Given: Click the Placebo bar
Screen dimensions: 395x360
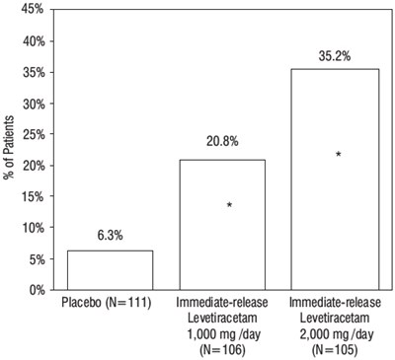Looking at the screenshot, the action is click(x=111, y=270).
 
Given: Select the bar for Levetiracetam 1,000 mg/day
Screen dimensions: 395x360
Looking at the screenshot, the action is click(x=222, y=225).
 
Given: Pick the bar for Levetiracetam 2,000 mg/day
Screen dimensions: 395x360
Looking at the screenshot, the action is click(x=335, y=180).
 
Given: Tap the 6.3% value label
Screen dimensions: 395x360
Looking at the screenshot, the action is click(x=110, y=236).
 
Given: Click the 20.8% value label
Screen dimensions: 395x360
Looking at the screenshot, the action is click(x=222, y=141).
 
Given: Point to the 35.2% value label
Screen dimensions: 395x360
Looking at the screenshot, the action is click(x=335, y=56).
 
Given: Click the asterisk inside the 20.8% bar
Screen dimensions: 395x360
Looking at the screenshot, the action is click(x=229, y=204).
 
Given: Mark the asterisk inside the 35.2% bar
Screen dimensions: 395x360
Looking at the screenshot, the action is click(x=338, y=154).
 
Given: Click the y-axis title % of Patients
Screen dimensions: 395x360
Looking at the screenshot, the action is click(x=10, y=147).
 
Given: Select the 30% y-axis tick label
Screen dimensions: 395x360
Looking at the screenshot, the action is click(x=34, y=104).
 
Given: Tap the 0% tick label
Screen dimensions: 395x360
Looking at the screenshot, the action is click(x=37, y=290).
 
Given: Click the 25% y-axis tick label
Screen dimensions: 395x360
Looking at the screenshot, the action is click(x=34, y=134).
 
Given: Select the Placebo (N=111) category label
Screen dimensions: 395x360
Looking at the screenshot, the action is click(x=107, y=303).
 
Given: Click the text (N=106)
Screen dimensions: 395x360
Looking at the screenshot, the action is click(x=222, y=350).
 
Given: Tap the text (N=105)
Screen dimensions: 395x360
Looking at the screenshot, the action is click(x=335, y=350).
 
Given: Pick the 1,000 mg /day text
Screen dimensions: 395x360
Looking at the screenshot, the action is click(x=224, y=334).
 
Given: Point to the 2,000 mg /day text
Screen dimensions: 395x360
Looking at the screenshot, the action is click(x=337, y=334).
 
